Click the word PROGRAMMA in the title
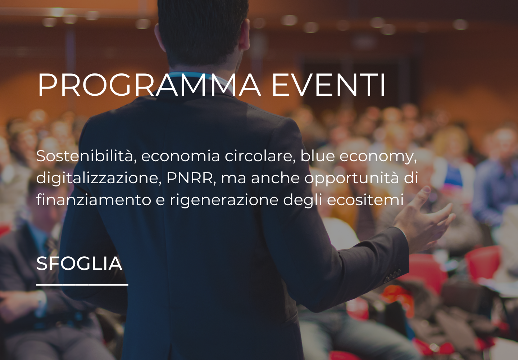[149, 85]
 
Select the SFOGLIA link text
[79, 264]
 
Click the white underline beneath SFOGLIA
[82, 285]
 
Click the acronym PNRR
[191, 178]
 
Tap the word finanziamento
[94, 200]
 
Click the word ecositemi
[365, 200]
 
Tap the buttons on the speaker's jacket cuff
[393, 276]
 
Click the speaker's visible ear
[245, 35]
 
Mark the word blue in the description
[318, 156]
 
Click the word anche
[276, 178]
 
